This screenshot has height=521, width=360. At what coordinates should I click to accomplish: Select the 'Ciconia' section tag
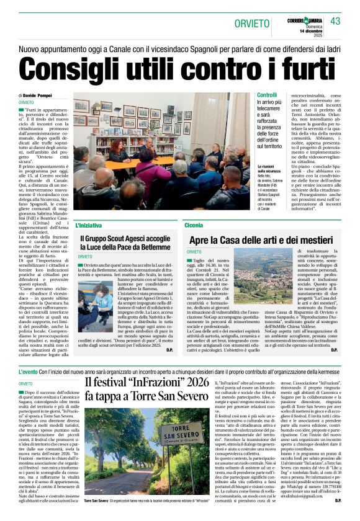click(x=193, y=225)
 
